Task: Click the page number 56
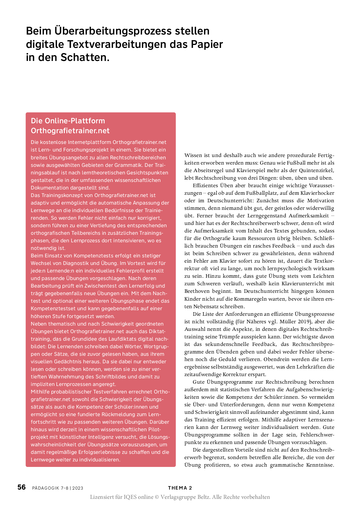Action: (x=21, y=487)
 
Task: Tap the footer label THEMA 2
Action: (x=180, y=488)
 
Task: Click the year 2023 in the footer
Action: (x=78, y=488)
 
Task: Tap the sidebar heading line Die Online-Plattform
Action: (x=68, y=121)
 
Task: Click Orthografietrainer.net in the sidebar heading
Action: (x=70, y=131)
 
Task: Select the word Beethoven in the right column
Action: (x=198, y=291)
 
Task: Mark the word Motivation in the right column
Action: (x=321, y=201)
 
